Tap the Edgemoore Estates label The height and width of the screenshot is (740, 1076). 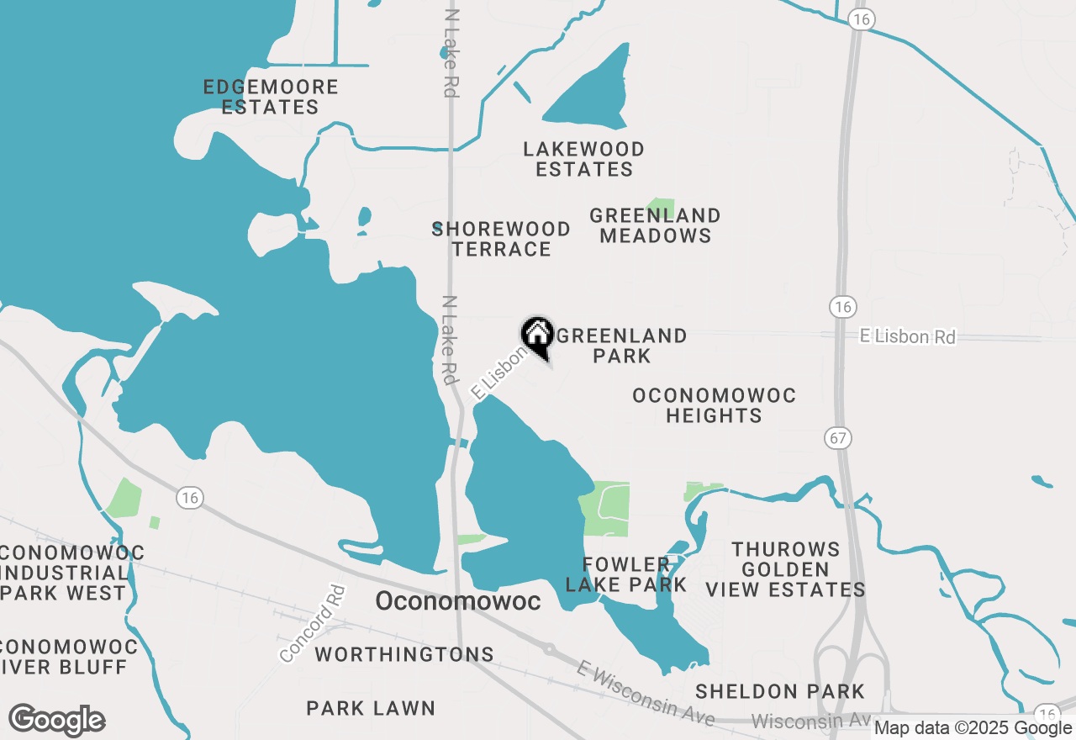[x=271, y=97]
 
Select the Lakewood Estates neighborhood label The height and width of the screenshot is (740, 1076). [x=584, y=159]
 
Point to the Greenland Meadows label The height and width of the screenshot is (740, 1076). [x=656, y=225]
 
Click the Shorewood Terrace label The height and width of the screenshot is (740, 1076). [x=501, y=239]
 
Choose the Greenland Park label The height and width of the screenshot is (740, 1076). [x=622, y=346]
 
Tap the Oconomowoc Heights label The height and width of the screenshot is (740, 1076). [x=714, y=405]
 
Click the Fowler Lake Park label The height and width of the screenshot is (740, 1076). [x=625, y=574]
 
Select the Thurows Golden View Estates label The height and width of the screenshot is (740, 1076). [x=785, y=569]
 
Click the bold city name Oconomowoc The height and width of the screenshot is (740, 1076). [x=457, y=601]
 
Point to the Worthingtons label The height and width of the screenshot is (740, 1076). [x=404, y=654]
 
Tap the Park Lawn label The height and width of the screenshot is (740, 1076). [x=371, y=708]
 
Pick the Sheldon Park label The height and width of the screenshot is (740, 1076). [x=780, y=691]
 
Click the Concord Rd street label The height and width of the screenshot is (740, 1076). [x=312, y=624]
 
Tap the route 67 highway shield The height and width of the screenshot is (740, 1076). [x=840, y=438]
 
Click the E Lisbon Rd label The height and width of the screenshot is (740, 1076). [x=908, y=336]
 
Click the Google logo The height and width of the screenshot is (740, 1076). [x=56, y=720]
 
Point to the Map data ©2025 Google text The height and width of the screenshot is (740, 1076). [x=973, y=728]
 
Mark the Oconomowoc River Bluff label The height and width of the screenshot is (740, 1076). [x=67, y=657]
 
